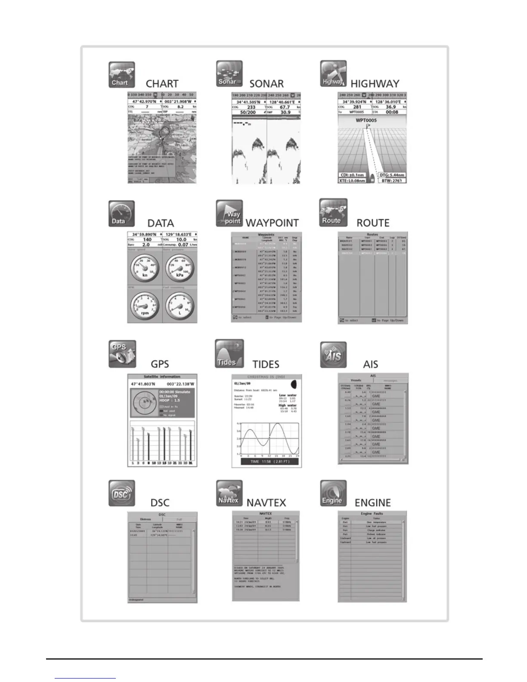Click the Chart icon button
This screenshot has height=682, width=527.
coord(121,75)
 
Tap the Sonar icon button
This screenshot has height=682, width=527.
coord(229,74)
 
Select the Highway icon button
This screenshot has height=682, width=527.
coord(333,74)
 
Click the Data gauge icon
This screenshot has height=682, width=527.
coord(121,214)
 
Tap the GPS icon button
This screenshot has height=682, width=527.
coord(122,354)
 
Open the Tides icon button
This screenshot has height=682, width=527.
coord(229,354)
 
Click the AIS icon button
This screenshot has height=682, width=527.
coord(333,355)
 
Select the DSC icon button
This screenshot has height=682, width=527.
coord(122,493)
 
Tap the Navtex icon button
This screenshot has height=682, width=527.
coord(229,493)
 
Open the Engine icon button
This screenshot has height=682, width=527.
coord(333,493)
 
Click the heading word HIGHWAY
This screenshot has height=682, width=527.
coord(375,84)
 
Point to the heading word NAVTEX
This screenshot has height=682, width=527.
coord(266,502)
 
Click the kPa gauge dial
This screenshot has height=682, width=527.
coord(179,268)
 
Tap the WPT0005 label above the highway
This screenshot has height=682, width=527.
coord(366,120)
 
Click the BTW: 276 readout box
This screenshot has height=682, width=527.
coord(392,181)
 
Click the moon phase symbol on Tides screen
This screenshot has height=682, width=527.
coord(294,384)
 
